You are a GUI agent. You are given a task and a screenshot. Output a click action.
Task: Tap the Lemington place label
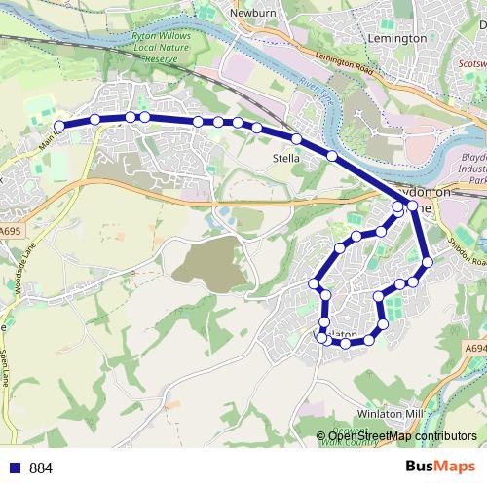[x=398, y=38]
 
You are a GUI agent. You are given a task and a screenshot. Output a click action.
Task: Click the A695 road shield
[x=10, y=231]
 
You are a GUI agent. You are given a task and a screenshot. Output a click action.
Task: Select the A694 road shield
[x=474, y=347]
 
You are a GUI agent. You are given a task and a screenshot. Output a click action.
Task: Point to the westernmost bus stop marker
[x=59, y=126]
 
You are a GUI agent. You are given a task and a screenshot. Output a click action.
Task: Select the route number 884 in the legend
[x=41, y=468]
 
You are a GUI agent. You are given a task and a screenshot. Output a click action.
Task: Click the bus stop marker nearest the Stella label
[x=296, y=139]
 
